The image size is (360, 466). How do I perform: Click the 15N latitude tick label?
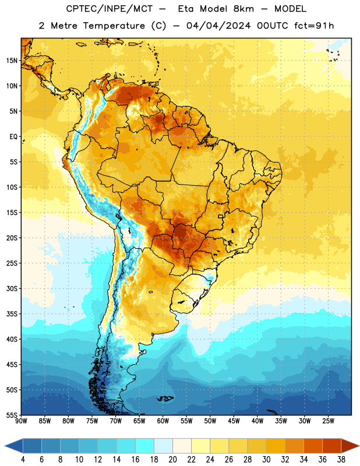coord(12,61)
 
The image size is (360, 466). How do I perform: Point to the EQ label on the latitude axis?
coord(13,137)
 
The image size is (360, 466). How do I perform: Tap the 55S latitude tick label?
coord(12,415)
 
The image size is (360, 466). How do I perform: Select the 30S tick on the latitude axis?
coord(12,288)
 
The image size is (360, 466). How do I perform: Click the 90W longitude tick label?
coord(21,421)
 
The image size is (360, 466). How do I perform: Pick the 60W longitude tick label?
coord(163,421)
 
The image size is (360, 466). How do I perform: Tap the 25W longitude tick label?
coord(328,421)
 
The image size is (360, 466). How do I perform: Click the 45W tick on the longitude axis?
coord(234,421)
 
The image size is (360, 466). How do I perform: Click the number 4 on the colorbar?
coord(23,460)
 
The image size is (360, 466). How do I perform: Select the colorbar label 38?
coord(341,460)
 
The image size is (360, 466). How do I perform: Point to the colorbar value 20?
coord(172,460)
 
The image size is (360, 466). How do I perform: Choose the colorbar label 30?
coord(266,460)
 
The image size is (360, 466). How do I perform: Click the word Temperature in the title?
coord(114,26)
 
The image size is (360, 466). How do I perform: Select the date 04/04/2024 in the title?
coord(218,26)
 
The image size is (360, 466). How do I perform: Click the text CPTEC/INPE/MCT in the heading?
coord(110,9)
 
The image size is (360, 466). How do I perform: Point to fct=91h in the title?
coord(314,26)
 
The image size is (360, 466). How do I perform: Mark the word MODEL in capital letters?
coord(290,9)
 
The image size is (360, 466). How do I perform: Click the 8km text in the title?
coord(243,9)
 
